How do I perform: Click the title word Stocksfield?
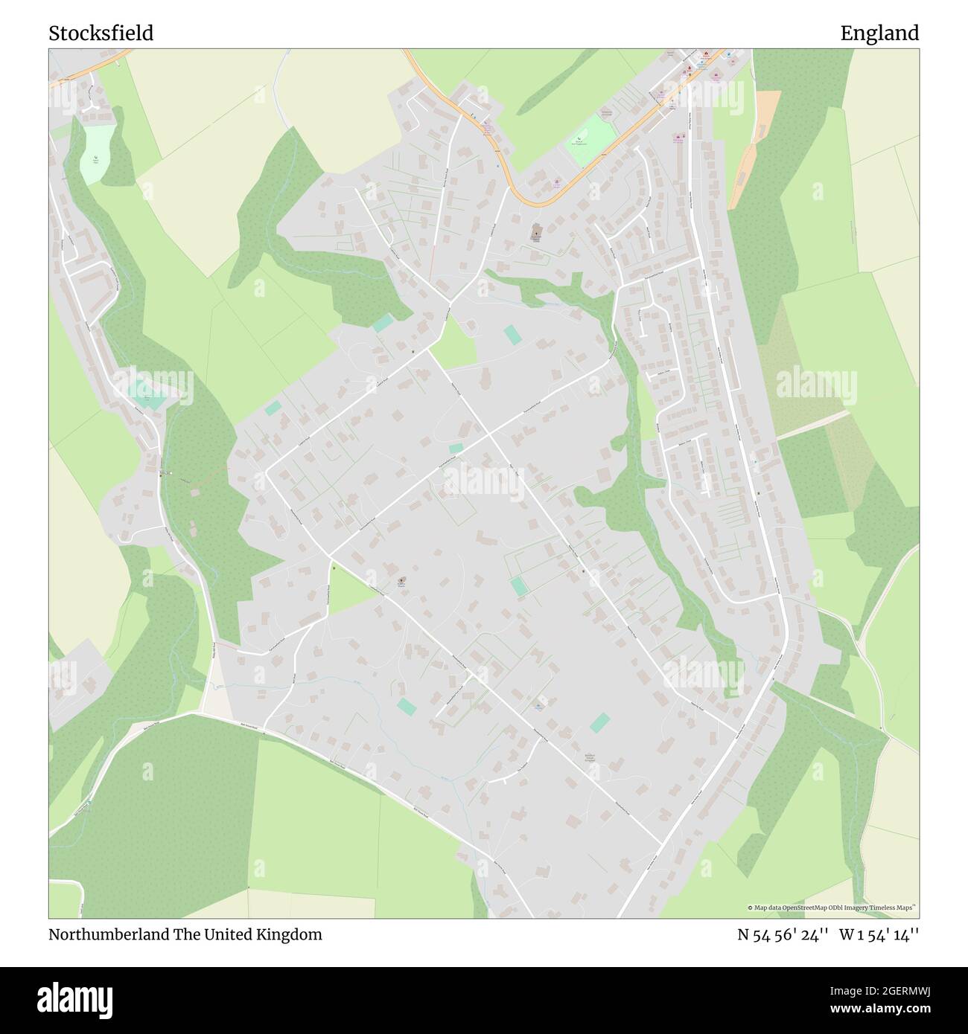coord(101,33)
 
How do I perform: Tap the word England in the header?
coord(879,33)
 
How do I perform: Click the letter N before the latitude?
coord(743,934)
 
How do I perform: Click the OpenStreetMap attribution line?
coord(832,908)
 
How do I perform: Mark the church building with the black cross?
coord(536,233)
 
